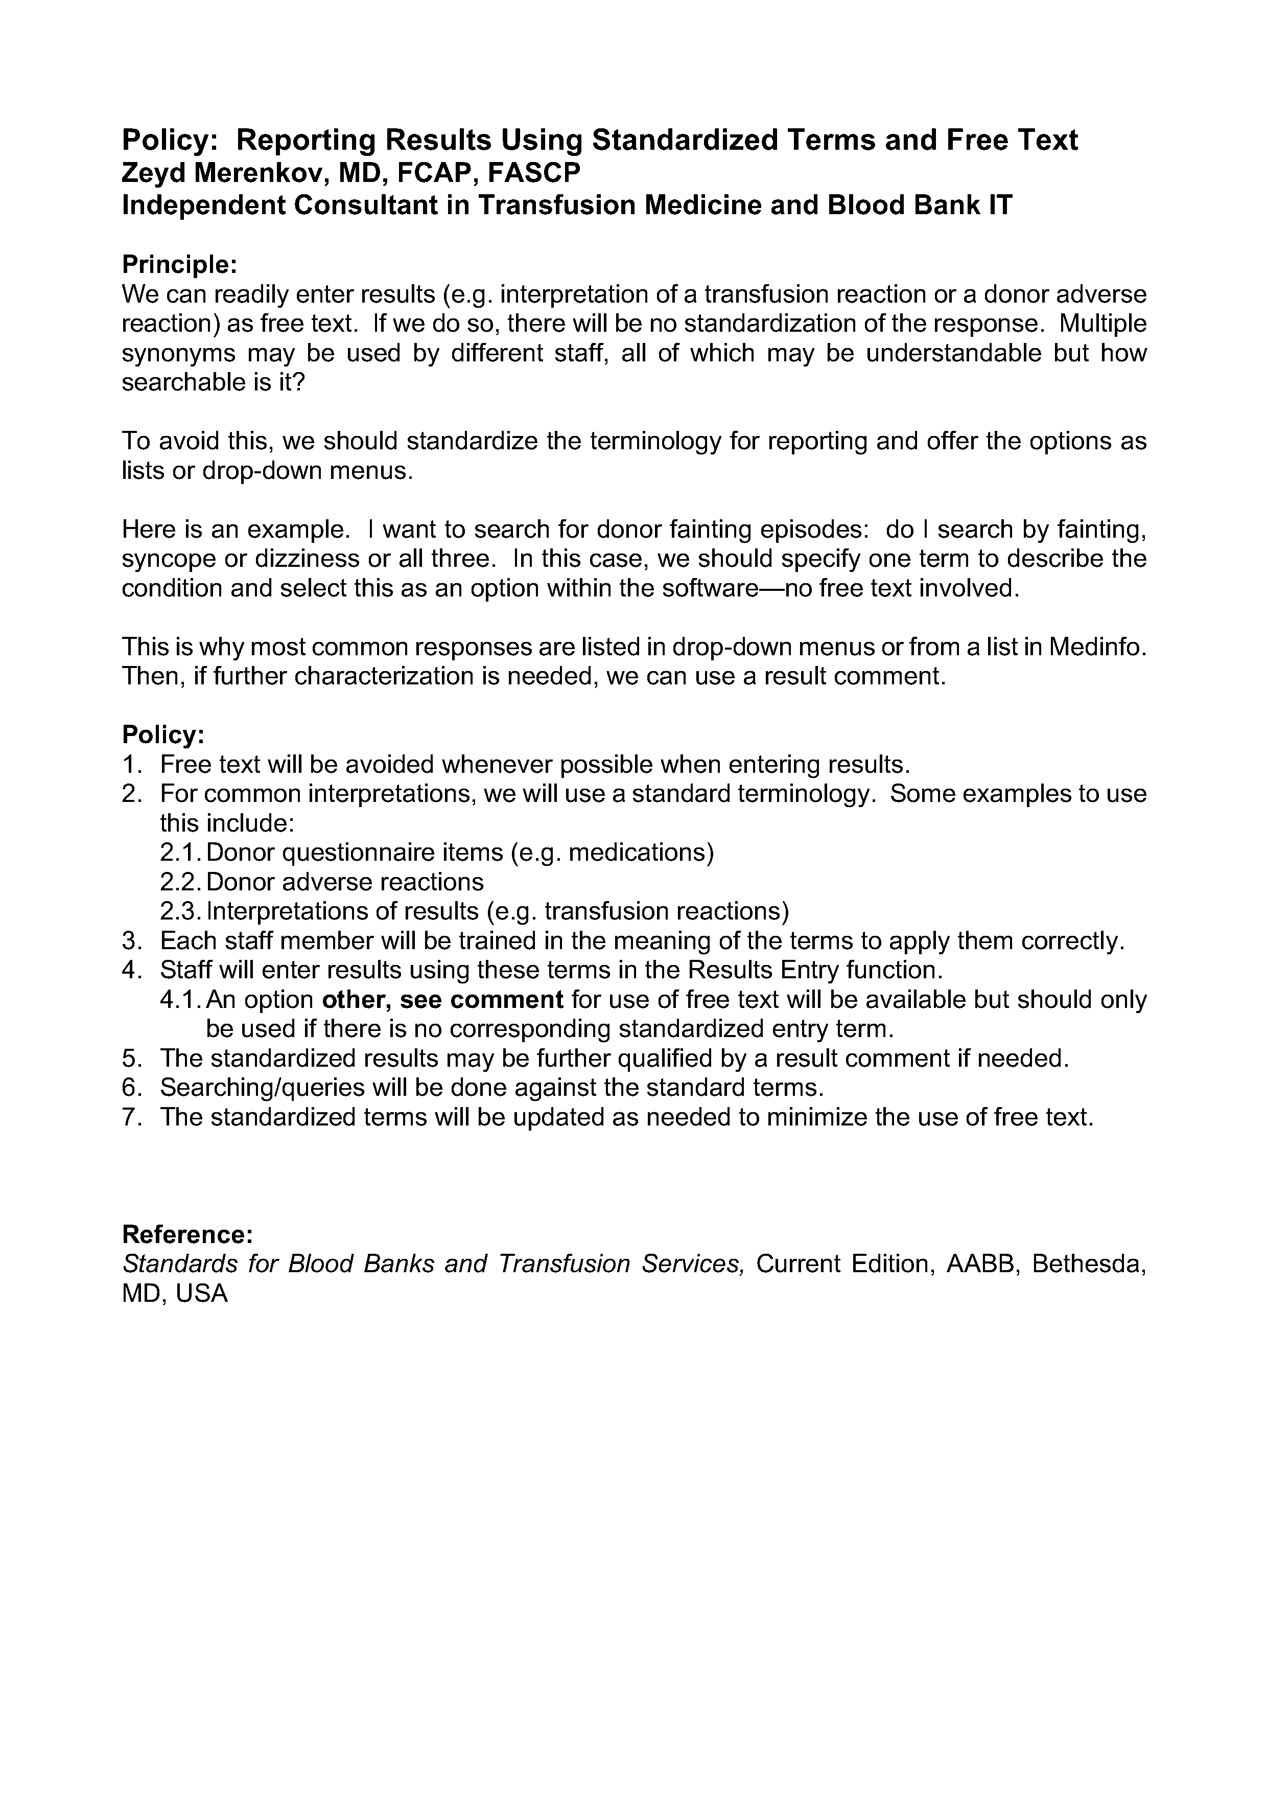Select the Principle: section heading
(x=179, y=265)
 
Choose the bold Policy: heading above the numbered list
(x=163, y=735)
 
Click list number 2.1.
(x=180, y=852)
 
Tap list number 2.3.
(x=180, y=911)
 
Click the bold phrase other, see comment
(x=442, y=1000)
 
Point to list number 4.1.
(x=180, y=1000)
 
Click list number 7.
(x=131, y=1117)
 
